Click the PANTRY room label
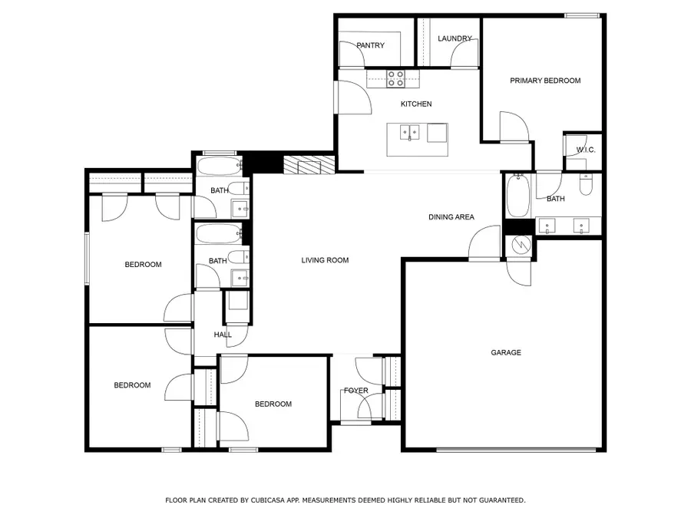pyautogui.click(x=370, y=45)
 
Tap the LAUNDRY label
pyautogui.click(x=454, y=38)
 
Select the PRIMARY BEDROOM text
pyautogui.click(x=545, y=81)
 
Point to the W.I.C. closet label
pyautogui.click(x=586, y=150)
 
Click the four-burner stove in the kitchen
pyautogui.click(x=396, y=78)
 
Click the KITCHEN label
pyautogui.click(x=416, y=104)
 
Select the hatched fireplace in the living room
pyautogui.click(x=309, y=166)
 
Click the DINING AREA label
pyautogui.click(x=451, y=217)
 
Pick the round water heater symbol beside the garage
pyautogui.click(x=520, y=246)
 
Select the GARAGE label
pyautogui.click(x=506, y=353)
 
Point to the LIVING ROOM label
pyautogui.click(x=325, y=260)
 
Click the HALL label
pyautogui.click(x=223, y=335)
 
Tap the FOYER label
pyautogui.click(x=355, y=391)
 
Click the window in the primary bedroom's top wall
pyautogui.click(x=582, y=15)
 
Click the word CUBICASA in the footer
pyautogui.click(x=274, y=500)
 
